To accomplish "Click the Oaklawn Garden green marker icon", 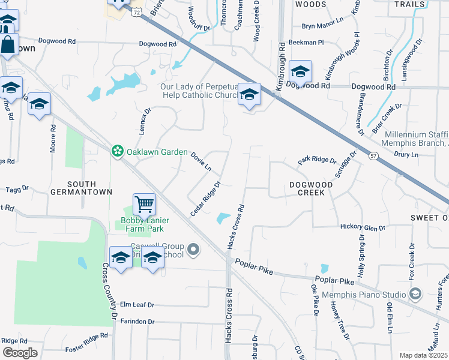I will click(116, 152).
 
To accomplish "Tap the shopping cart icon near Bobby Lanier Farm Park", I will click(144, 205).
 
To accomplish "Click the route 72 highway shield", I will click(137, 12).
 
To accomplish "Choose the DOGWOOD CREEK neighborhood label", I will click(307, 188).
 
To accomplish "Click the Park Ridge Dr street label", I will click(317, 160).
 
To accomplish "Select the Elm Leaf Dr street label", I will click(137, 304).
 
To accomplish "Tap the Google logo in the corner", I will click(20, 353).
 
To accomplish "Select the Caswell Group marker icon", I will click(193, 248).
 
